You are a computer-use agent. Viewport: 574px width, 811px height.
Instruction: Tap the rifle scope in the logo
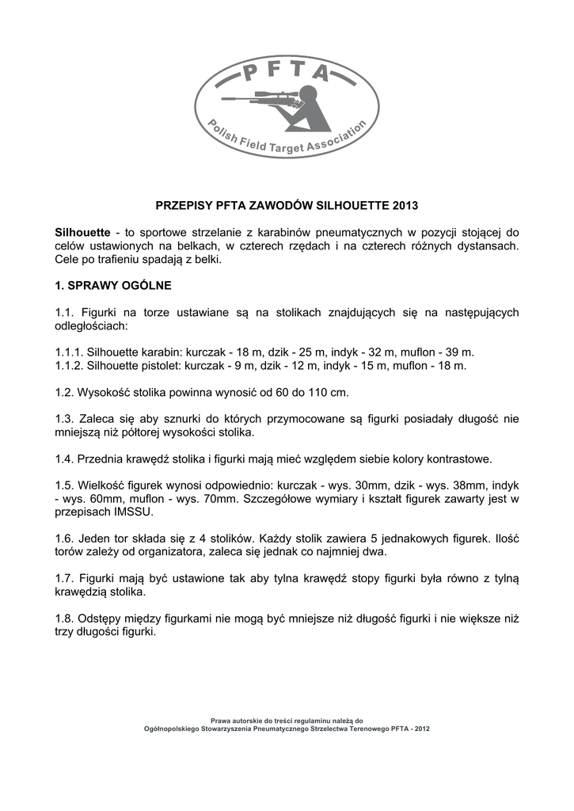click(278, 93)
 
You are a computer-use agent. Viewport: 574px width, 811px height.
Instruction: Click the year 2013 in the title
click(404, 205)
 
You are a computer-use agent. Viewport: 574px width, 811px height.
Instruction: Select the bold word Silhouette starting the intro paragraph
click(82, 233)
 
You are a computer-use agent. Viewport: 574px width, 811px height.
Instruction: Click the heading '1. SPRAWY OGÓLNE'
click(113, 284)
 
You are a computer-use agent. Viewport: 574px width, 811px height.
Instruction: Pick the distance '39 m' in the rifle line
click(459, 352)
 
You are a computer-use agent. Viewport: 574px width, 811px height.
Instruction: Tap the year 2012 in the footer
click(421, 728)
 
